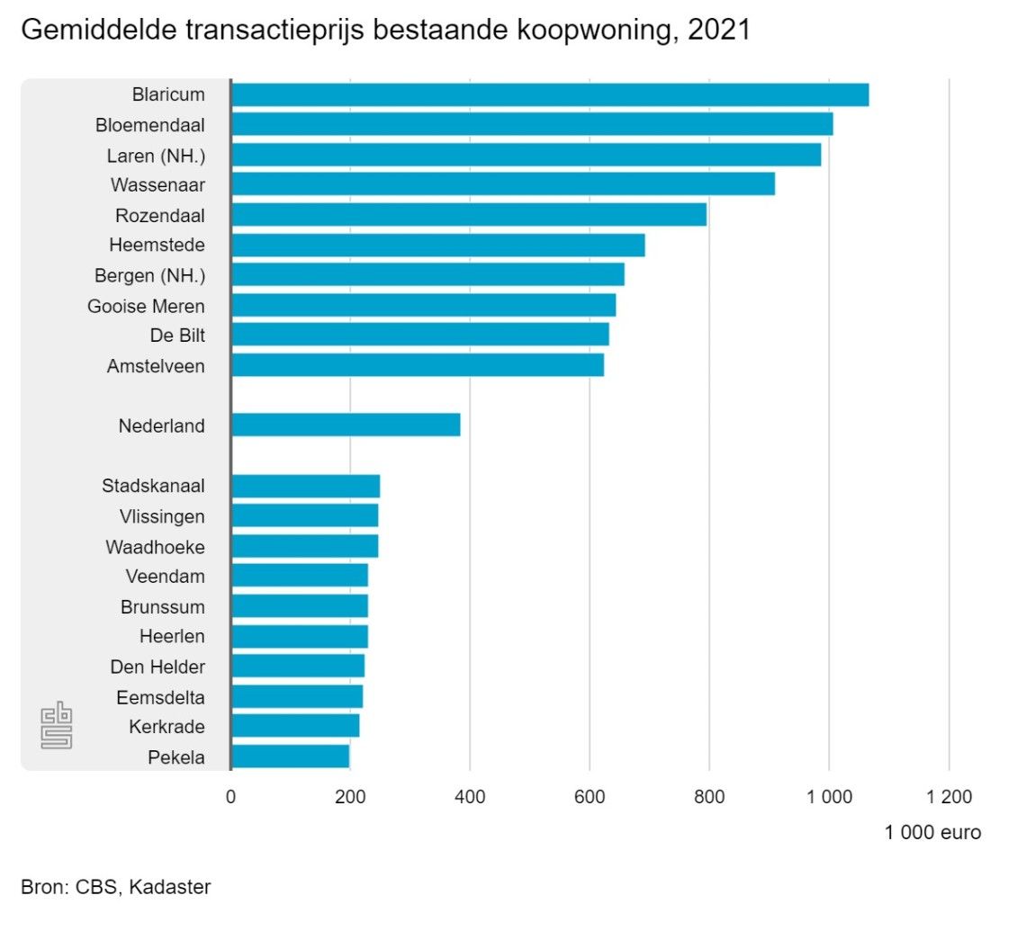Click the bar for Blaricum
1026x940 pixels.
(549, 94)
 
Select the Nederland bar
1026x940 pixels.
(346, 425)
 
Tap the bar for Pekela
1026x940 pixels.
(290, 756)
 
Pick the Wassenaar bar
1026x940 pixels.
(502, 184)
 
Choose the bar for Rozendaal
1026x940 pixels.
(468, 215)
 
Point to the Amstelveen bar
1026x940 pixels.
(417, 365)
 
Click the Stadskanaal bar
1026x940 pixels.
(305, 486)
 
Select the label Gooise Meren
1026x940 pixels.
(146, 306)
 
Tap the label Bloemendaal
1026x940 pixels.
(150, 125)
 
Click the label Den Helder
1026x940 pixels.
(157, 667)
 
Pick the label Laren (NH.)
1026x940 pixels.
(157, 156)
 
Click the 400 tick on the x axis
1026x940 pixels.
(470, 796)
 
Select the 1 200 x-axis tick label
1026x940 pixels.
(949, 796)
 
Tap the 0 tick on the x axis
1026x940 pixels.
(230, 796)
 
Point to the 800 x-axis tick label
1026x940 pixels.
(709, 796)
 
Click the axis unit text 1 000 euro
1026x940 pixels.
(932, 833)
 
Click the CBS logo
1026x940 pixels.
(57, 727)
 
